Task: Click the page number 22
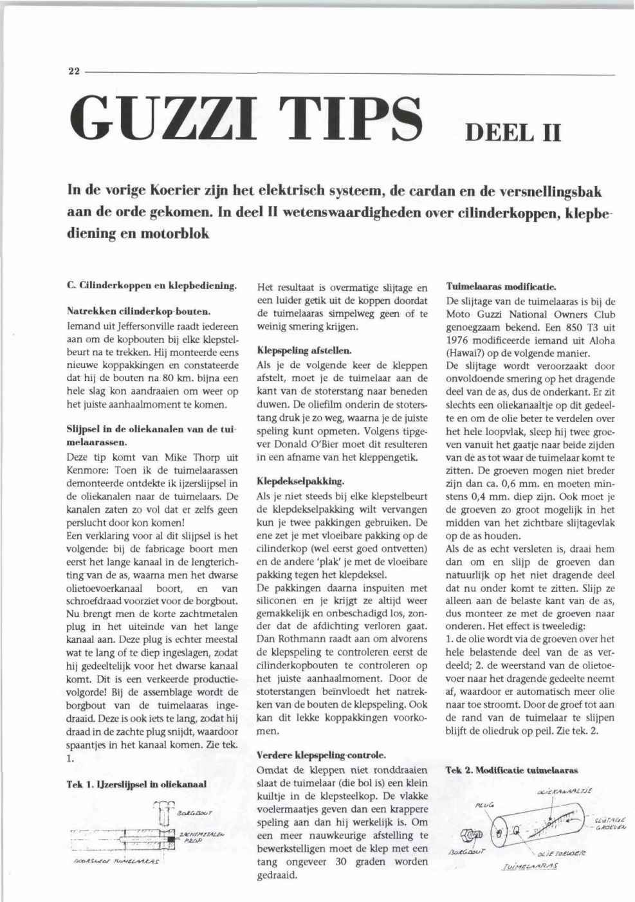[x=72, y=72]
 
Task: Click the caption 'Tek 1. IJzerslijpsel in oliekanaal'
[x=136, y=784]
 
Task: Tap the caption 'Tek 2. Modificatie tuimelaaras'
[x=511, y=769]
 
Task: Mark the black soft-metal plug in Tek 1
[x=170, y=840]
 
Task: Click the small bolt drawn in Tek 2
[x=471, y=834]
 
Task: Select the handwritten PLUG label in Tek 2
[x=483, y=804]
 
